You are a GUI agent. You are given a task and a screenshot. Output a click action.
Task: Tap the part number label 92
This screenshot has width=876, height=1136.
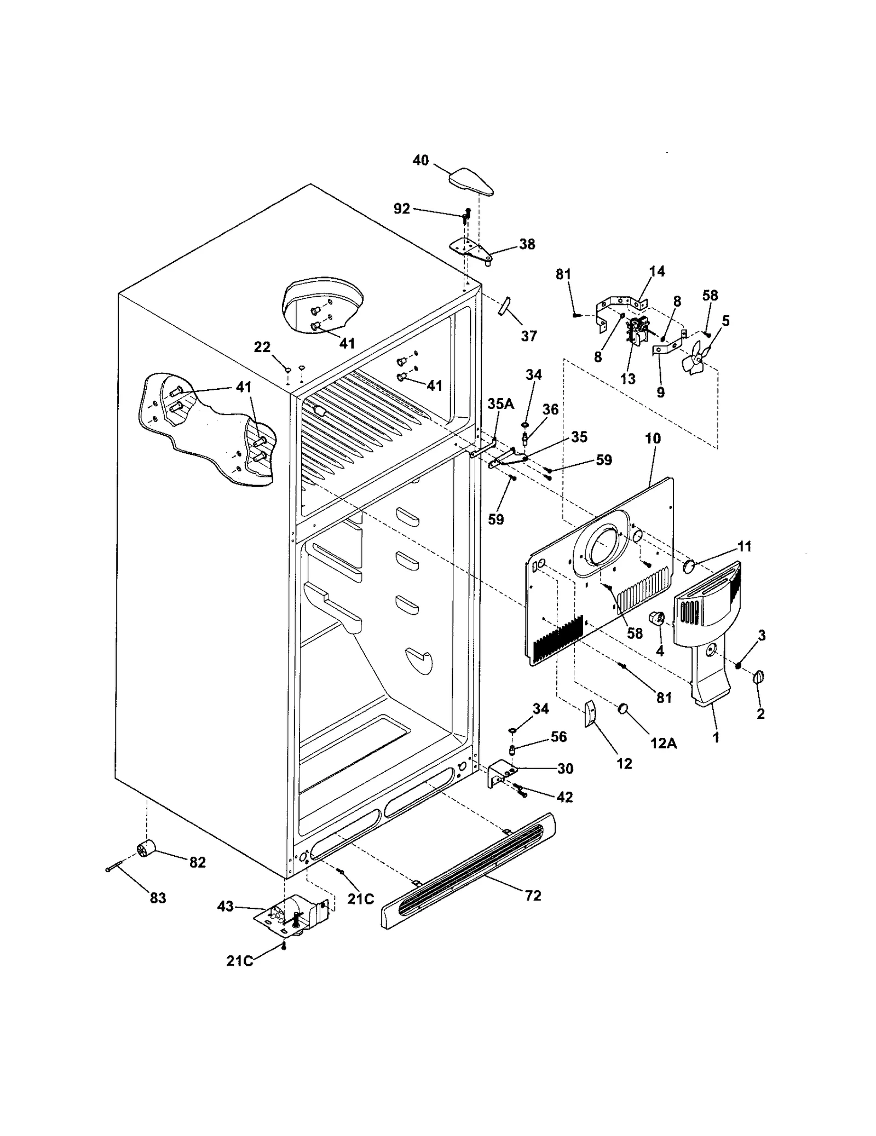point(401,209)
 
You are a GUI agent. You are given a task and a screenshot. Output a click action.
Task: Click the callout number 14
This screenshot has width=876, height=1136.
point(657,271)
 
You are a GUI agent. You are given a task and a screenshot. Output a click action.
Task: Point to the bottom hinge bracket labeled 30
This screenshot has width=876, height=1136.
point(501,773)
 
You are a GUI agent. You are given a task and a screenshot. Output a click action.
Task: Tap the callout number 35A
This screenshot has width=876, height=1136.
point(500,404)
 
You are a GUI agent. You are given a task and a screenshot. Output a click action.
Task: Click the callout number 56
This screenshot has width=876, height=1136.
point(558,736)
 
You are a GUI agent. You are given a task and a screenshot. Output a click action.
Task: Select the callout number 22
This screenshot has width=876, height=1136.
point(262,347)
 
